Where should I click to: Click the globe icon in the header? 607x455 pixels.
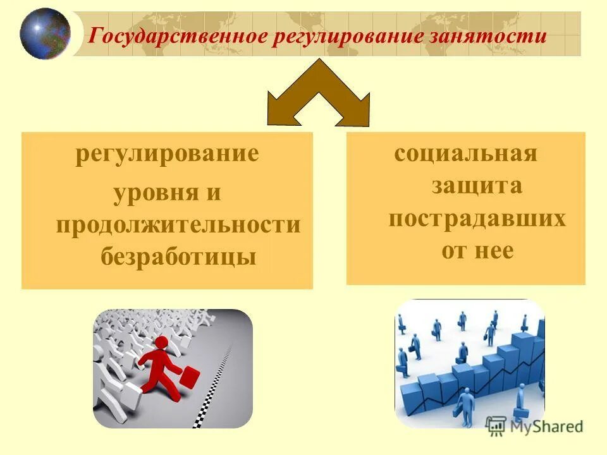coord(45,33)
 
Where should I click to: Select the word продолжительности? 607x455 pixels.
coord(178,225)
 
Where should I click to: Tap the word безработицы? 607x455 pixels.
coord(178,257)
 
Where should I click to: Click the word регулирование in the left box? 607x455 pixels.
coord(167,154)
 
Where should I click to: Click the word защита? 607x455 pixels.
coord(477,186)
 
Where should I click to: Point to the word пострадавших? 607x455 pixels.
coord(477,219)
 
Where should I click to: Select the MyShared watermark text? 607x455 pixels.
coord(545,427)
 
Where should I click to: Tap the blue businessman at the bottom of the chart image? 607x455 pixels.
coord(466,404)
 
